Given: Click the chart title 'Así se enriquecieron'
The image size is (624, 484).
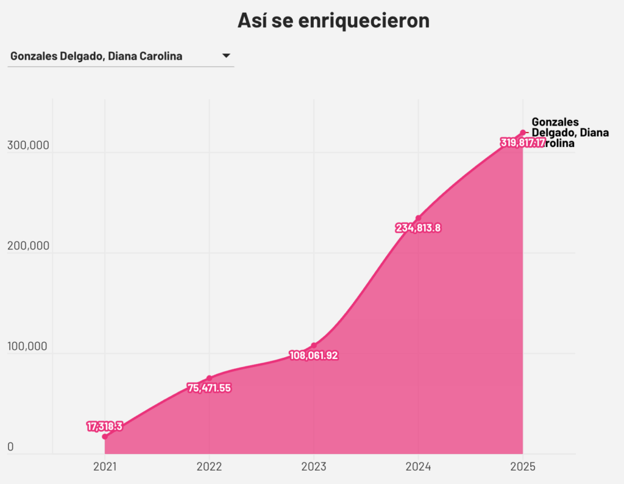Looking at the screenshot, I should pyautogui.click(x=333, y=20).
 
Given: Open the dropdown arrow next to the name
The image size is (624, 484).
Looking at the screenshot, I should pyautogui.click(x=226, y=56).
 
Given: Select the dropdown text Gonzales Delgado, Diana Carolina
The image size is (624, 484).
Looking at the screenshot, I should pyautogui.click(x=96, y=57).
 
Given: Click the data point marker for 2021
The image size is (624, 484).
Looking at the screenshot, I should pyautogui.click(x=105, y=436).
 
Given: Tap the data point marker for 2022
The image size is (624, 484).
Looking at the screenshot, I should pyautogui.click(x=209, y=378).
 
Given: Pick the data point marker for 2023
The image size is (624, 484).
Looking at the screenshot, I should pyautogui.click(x=314, y=346).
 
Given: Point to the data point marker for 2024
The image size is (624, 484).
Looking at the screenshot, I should pyautogui.click(x=418, y=218).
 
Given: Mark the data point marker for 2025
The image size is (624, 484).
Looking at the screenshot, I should pyautogui.click(x=523, y=133).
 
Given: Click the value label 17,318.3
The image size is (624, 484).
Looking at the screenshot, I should pyautogui.click(x=105, y=426).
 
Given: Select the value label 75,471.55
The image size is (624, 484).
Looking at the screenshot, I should pyautogui.click(x=209, y=388).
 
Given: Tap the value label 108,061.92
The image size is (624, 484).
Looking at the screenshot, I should pyautogui.click(x=314, y=355).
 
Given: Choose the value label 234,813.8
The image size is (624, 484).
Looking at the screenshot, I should pyautogui.click(x=418, y=228).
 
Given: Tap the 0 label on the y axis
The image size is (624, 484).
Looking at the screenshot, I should pyautogui.click(x=10, y=447).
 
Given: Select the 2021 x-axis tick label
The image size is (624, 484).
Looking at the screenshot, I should pyautogui.click(x=105, y=467).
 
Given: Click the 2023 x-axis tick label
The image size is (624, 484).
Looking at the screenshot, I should pyautogui.click(x=314, y=467).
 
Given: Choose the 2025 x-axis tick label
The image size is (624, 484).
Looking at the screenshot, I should pyautogui.click(x=523, y=467).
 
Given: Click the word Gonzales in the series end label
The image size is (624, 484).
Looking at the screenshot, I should pyautogui.click(x=555, y=122).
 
